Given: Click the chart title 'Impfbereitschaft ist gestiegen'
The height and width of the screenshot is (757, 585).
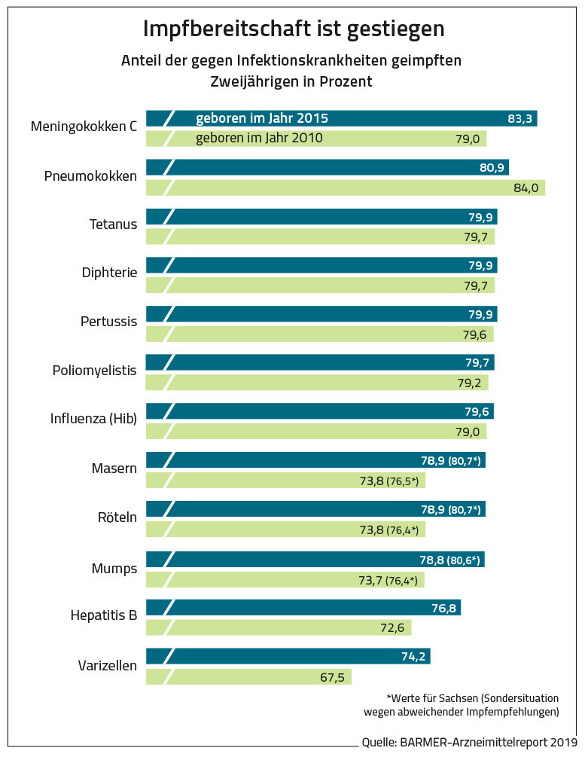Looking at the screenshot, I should pos(294,29).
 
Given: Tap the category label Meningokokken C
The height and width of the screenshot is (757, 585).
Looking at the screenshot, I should pos(84,127).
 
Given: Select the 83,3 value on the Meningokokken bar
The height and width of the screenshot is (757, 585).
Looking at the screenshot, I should pos(520,119).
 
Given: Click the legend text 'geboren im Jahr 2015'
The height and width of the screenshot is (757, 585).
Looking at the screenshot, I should pos(262,118).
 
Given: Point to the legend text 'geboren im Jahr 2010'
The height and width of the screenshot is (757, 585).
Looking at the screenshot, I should pos(259,138).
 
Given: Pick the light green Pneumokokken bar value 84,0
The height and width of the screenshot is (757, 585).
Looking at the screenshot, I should pos(526,188).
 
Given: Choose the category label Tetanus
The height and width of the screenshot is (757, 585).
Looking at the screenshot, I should pos(113,224).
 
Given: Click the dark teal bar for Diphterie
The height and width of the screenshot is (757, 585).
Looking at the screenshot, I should pos(331,265).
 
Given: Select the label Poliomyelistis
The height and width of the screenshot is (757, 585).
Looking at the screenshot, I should pos(94,371).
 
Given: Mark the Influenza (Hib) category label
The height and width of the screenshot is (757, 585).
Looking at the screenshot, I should pos(93,419).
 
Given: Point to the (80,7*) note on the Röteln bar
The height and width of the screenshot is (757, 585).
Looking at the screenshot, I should pos(465,510).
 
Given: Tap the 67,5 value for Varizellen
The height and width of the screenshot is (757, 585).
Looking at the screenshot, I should pos(332,677).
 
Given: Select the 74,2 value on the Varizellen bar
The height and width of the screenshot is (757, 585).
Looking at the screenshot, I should pos(413,657).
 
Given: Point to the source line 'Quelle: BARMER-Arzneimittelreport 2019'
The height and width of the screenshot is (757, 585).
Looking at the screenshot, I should pos(468,742).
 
